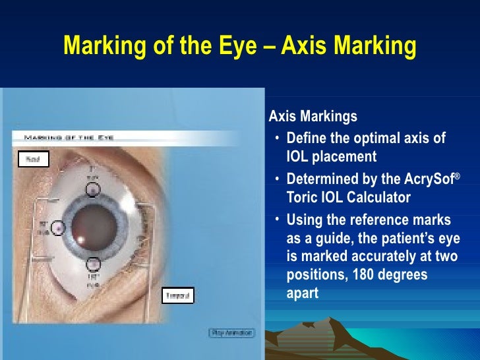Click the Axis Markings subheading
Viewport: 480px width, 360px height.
click(313, 117)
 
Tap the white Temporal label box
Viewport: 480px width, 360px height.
click(178, 295)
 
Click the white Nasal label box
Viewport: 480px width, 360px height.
click(33, 159)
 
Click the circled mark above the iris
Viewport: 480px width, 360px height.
click(94, 190)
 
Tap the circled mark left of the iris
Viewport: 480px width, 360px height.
click(58, 228)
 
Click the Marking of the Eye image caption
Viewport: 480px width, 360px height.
click(69, 137)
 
